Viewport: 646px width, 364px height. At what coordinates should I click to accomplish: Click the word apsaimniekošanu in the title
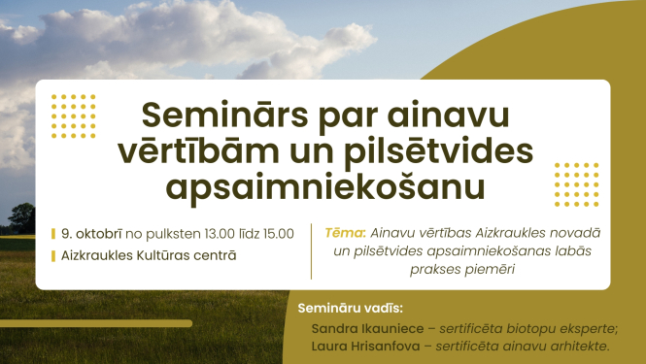pyautogui.click(x=323, y=185)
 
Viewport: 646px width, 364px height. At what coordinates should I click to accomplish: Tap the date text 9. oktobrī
pyautogui.click(x=91, y=233)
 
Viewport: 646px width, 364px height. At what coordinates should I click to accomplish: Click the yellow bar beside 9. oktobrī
pyautogui.click(x=53, y=233)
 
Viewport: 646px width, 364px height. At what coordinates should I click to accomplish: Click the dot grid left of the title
pyautogui.click(x=74, y=116)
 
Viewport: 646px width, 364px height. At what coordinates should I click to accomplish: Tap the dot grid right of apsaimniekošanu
pyautogui.click(x=577, y=184)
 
